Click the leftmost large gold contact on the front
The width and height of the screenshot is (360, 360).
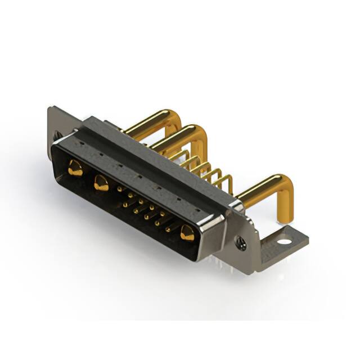75,167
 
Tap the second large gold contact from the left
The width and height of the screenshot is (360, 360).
101,183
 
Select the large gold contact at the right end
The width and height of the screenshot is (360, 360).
187,232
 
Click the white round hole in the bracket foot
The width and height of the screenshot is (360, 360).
285,242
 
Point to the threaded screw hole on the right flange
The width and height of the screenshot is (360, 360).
241,244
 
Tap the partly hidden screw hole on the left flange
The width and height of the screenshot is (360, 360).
57,135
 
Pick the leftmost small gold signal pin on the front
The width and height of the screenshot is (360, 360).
119,190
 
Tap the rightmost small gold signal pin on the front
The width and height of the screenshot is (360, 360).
168,228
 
